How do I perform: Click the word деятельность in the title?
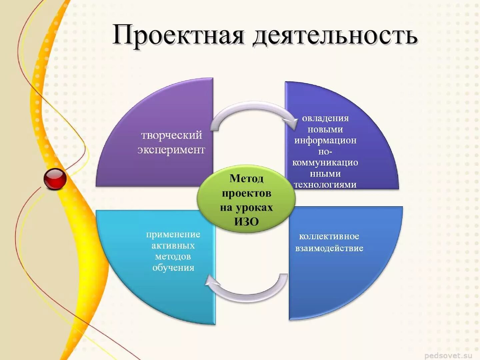pyautogui.click(x=335, y=36)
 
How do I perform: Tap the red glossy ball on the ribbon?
pyautogui.click(x=55, y=179)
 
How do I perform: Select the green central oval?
pyautogui.click(x=246, y=200)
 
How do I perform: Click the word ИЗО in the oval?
pyautogui.click(x=246, y=222)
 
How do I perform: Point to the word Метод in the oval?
pyautogui.click(x=246, y=179)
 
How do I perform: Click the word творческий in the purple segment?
pyautogui.click(x=172, y=135)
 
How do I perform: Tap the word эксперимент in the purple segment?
pyautogui.click(x=171, y=150)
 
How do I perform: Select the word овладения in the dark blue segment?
pyautogui.click(x=325, y=118)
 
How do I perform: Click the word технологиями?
pyautogui.click(x=325, y=184)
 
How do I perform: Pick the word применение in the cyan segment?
pyautogui.click(x=173, y=234)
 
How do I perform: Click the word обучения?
pyautogui.click(x=173, y=267)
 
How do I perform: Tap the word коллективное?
pyautogui.click(x=329, y=236)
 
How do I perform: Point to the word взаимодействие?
pyautogui.click(x=329, y=248)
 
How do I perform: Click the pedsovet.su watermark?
pyautogui.click(x=448, y=355)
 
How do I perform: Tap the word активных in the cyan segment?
pyautogui.click(x=173, y=246)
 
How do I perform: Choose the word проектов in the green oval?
pyautogui.click(x=246, y=193)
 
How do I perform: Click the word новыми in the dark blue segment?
pyautogui.click(x=325, y=129)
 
